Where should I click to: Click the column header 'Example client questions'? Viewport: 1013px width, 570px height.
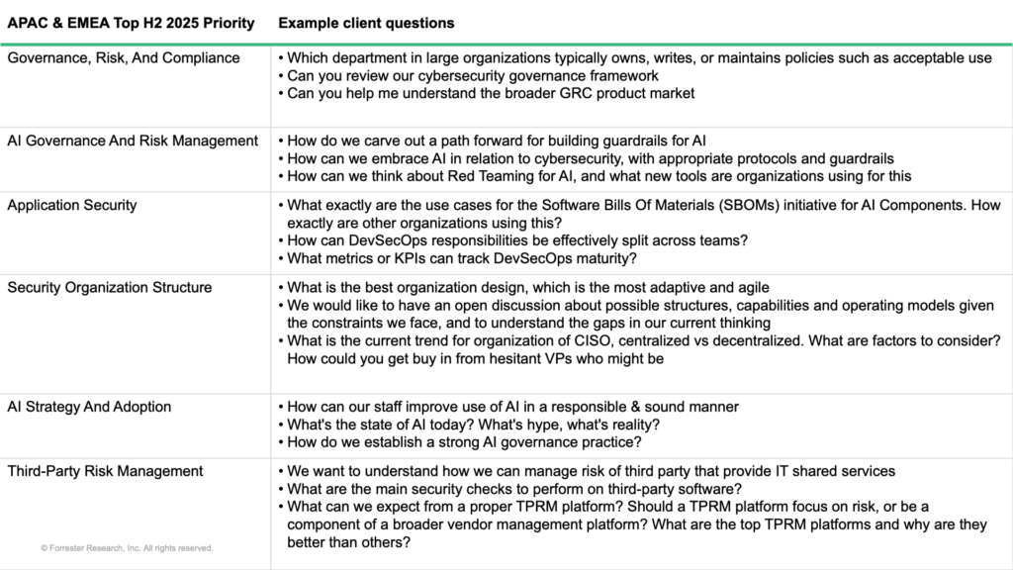point(366,23)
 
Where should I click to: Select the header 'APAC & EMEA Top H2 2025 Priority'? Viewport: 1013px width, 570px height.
point(131,23)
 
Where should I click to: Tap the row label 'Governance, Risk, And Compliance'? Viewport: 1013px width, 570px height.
point(124,57)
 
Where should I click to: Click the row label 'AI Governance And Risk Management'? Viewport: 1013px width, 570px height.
point(133,141)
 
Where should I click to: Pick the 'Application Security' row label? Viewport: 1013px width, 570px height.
point(72,205)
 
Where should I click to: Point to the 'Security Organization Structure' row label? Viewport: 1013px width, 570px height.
point(109,287)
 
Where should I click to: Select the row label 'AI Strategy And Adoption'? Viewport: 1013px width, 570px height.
point(89,406)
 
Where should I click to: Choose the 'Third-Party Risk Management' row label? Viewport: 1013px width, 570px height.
point(105,470)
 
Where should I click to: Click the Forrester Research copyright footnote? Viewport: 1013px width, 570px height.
point(127,547)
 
